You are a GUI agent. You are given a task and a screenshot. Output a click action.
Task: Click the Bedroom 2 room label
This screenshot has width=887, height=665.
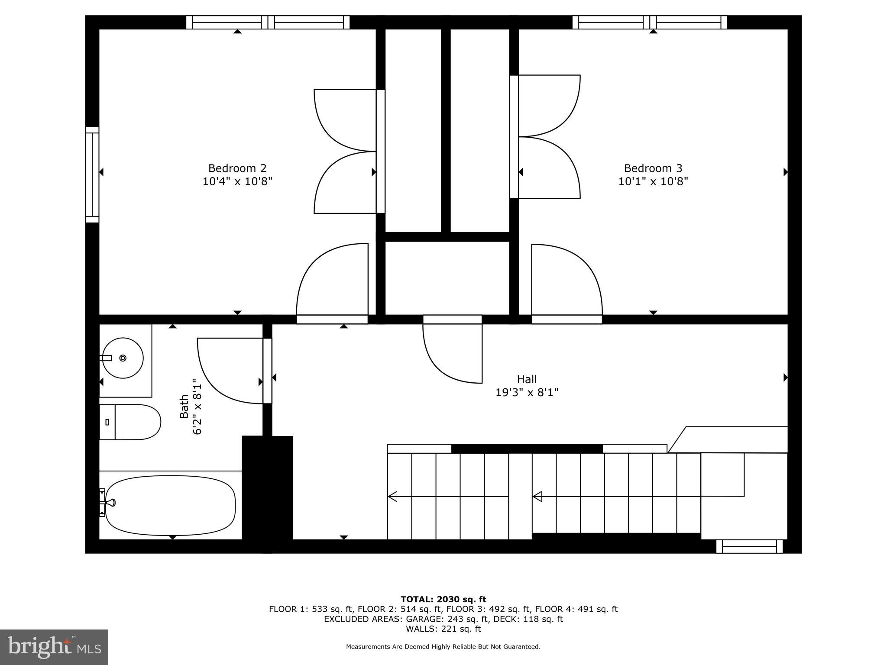click(x=237, y=168)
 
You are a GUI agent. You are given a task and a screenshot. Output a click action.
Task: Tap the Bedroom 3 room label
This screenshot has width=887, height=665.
click(x=653, y=168)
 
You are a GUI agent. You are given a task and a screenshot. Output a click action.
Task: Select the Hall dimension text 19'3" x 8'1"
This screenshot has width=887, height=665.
click(x=527, y=393)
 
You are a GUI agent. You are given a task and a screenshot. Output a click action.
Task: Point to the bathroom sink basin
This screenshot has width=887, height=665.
click(x=123, y=358)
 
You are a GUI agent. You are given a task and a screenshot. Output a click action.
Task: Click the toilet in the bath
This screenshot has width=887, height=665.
click(x=130, y=422)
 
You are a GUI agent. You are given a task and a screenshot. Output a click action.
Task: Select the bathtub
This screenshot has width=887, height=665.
click(x=170, y=505)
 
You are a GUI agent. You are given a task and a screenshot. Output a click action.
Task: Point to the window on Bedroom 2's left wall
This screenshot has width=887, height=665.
click(x=92, y=174)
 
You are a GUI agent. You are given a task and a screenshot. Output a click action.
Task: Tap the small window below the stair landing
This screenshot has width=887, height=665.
click(x=749, y=546)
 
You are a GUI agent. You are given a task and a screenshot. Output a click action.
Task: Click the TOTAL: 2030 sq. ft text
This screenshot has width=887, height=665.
click(x=443, y=600)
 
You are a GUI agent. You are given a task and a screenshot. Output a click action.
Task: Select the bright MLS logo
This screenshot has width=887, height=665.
click(x=54, y=647)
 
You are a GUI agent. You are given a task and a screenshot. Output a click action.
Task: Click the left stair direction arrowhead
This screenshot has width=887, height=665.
click(x=393, y=497)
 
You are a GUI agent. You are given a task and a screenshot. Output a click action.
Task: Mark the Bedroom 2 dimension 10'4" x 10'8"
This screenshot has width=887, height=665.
click(x=237, y=181)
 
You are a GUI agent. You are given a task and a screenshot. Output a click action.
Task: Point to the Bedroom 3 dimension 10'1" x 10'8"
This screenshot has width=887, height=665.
click(x=653, y=181)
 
